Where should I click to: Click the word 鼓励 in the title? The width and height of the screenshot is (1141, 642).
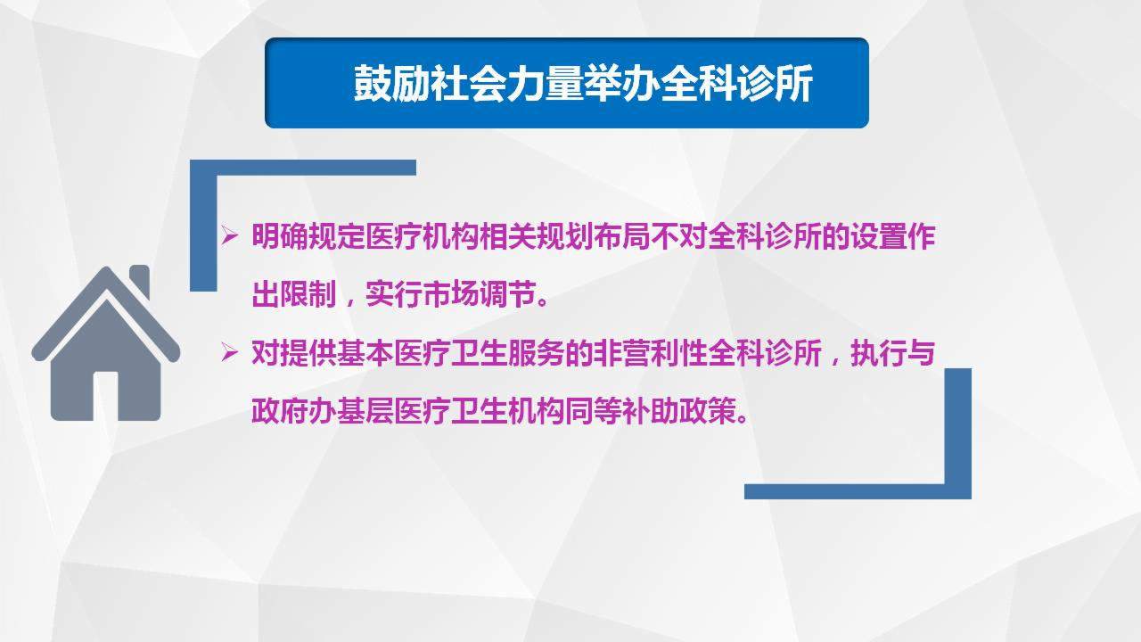(393, 86)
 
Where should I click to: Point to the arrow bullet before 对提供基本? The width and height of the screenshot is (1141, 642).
(230, 354)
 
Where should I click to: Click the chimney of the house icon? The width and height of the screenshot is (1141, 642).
(139, 280)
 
